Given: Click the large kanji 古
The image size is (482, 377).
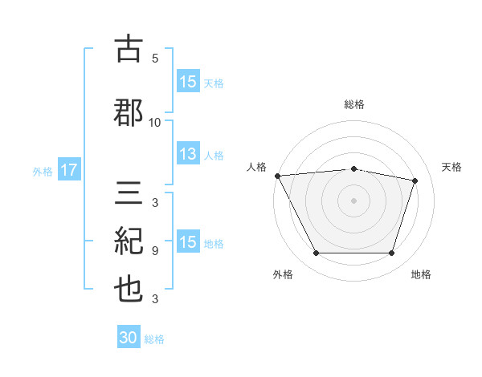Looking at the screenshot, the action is [x=129, y=48].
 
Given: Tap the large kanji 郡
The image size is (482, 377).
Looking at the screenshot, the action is [x=129, y=112].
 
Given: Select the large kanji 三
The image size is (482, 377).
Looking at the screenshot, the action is [x=129, y=193].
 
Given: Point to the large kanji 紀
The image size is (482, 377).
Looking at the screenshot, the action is [x=129, y=241].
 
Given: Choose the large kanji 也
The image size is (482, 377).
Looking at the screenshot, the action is [x=129, y=290].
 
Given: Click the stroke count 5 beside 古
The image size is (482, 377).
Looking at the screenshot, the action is [x=155, y=58].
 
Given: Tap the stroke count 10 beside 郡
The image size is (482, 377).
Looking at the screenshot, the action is [x=154, y=123].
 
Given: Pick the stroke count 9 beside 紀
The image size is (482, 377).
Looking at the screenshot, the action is [x=155, y=251].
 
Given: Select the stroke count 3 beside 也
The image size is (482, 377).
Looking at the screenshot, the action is [x=155, y=298].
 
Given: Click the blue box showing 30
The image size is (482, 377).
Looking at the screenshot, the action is [x=129, y=336].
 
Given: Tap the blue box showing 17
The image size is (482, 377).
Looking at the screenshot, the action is [x=69, y=169].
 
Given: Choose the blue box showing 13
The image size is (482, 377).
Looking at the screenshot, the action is [x=188, y=153].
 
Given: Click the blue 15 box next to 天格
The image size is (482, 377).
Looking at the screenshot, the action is [x=188, y=81].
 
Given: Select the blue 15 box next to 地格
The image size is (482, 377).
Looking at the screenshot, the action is [x=188, y=241].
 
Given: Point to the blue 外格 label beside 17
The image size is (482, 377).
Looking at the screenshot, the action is [x=43, y=172].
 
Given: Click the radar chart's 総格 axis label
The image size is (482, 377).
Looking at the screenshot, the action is [x=354, y=104].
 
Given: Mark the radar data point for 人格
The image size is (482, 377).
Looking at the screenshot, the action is [x=278, y=176].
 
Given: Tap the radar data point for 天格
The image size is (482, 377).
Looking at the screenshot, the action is [x=415, y=180].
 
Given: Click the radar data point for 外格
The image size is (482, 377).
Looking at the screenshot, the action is [x=317, y=253].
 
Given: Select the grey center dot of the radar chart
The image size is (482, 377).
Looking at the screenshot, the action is [x=353, y=201].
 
